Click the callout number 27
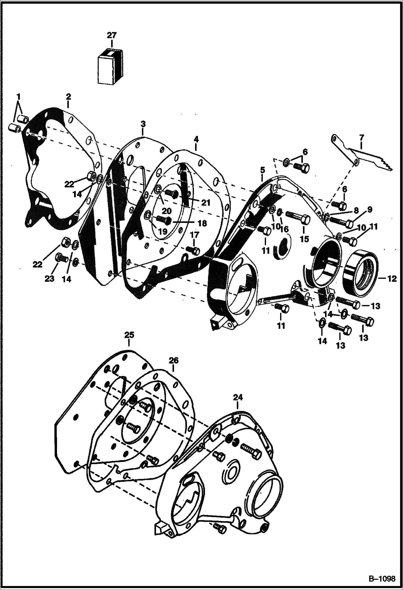pos(112,35)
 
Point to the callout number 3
pos(143,124)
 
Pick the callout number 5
pos(263,170)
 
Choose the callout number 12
pos(392,279)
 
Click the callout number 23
pos(49,279)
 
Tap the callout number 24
pos(238,397)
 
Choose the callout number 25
pos(129,335)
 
